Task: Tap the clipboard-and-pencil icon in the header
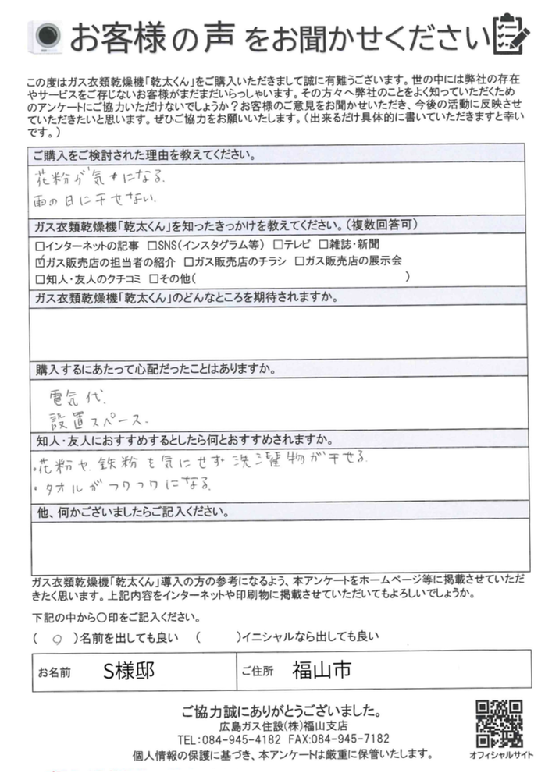coord(511,34)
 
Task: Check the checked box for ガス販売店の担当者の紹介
coord(41,261)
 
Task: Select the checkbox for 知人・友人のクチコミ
coord(41,277)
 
